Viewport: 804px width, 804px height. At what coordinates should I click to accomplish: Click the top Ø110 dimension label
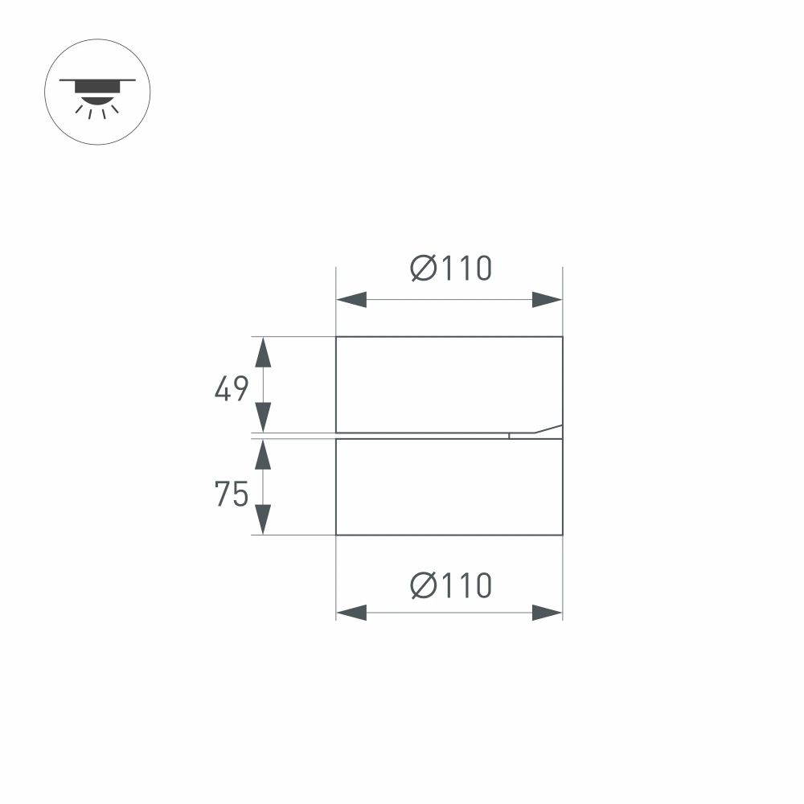point(450,269)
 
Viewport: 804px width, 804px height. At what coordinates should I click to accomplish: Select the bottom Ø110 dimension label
point(450,585)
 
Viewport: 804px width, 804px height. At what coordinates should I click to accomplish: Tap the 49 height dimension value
point(232,390)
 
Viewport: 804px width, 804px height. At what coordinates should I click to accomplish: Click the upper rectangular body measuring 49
point(449,384)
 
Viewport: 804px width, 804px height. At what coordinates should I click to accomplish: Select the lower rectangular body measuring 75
point(449,486)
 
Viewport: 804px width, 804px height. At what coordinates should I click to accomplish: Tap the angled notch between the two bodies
point(537,433)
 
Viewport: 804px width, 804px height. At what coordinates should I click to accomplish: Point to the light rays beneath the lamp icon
point(96,110)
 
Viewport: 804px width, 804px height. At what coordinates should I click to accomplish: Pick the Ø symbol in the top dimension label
point(423,269)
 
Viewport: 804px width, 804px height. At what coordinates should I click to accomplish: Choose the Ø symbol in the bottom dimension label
point(423,585)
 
